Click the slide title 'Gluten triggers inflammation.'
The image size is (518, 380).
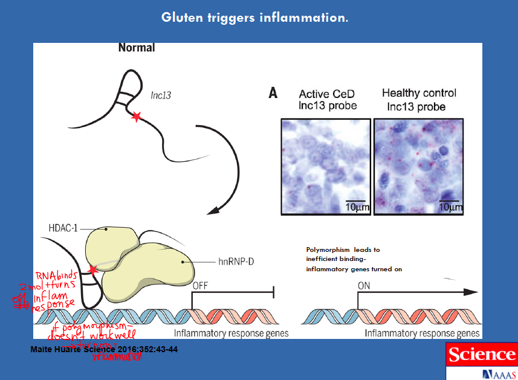pyautogui.click(x=254, y=18)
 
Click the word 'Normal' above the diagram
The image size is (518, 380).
pyautogui.click(x=136, y=48)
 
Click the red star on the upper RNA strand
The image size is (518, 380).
pyautogui.click(x=137, y=117)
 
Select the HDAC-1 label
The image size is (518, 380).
pyautogui.click(x=63, y=229)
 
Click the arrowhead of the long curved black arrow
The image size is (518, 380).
pyautogui.click(x=212, y=211)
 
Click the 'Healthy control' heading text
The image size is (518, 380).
pyautogui.click(x=419, y=93)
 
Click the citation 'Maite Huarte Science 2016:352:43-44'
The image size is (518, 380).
pyautogui.click(x=104, y=349)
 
